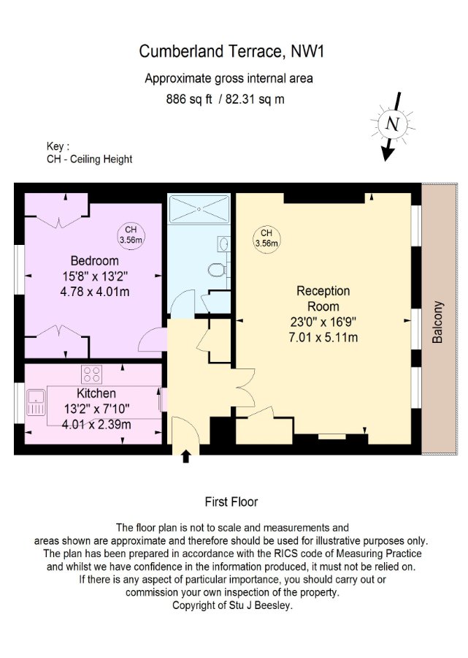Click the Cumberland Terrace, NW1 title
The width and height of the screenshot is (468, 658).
(x=231, y=51)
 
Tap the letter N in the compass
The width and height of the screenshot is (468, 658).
(x=393, y=124)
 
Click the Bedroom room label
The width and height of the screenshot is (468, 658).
(x=95, y=260)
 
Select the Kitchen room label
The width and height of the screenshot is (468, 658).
(x=96, y=393)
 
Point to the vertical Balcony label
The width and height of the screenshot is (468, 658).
(x=437, y=322)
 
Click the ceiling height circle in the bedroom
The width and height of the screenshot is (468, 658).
(x=131, y=235)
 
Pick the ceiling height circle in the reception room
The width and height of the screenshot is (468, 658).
(x=266, y=238)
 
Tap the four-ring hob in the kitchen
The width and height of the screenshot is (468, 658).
(x=92, y=374)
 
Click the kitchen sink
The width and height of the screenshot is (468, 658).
(x=36, y=402)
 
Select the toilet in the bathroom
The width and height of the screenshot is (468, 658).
(x=217, y=270)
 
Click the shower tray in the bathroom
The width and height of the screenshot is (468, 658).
(x=199, y=208)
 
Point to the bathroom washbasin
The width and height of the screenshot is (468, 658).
(x=223, y=243)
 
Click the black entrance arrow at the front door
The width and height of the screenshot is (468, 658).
(x=186, y=456)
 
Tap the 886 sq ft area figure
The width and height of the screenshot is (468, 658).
(x=189, y=99)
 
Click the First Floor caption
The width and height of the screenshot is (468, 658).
(x=231, y=502)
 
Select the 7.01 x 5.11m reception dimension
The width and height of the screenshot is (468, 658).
(x=323, y=337)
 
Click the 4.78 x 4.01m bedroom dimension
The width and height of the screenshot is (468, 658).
(x=95, y=292)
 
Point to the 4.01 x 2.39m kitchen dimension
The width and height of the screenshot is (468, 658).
(x=96, y=424)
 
